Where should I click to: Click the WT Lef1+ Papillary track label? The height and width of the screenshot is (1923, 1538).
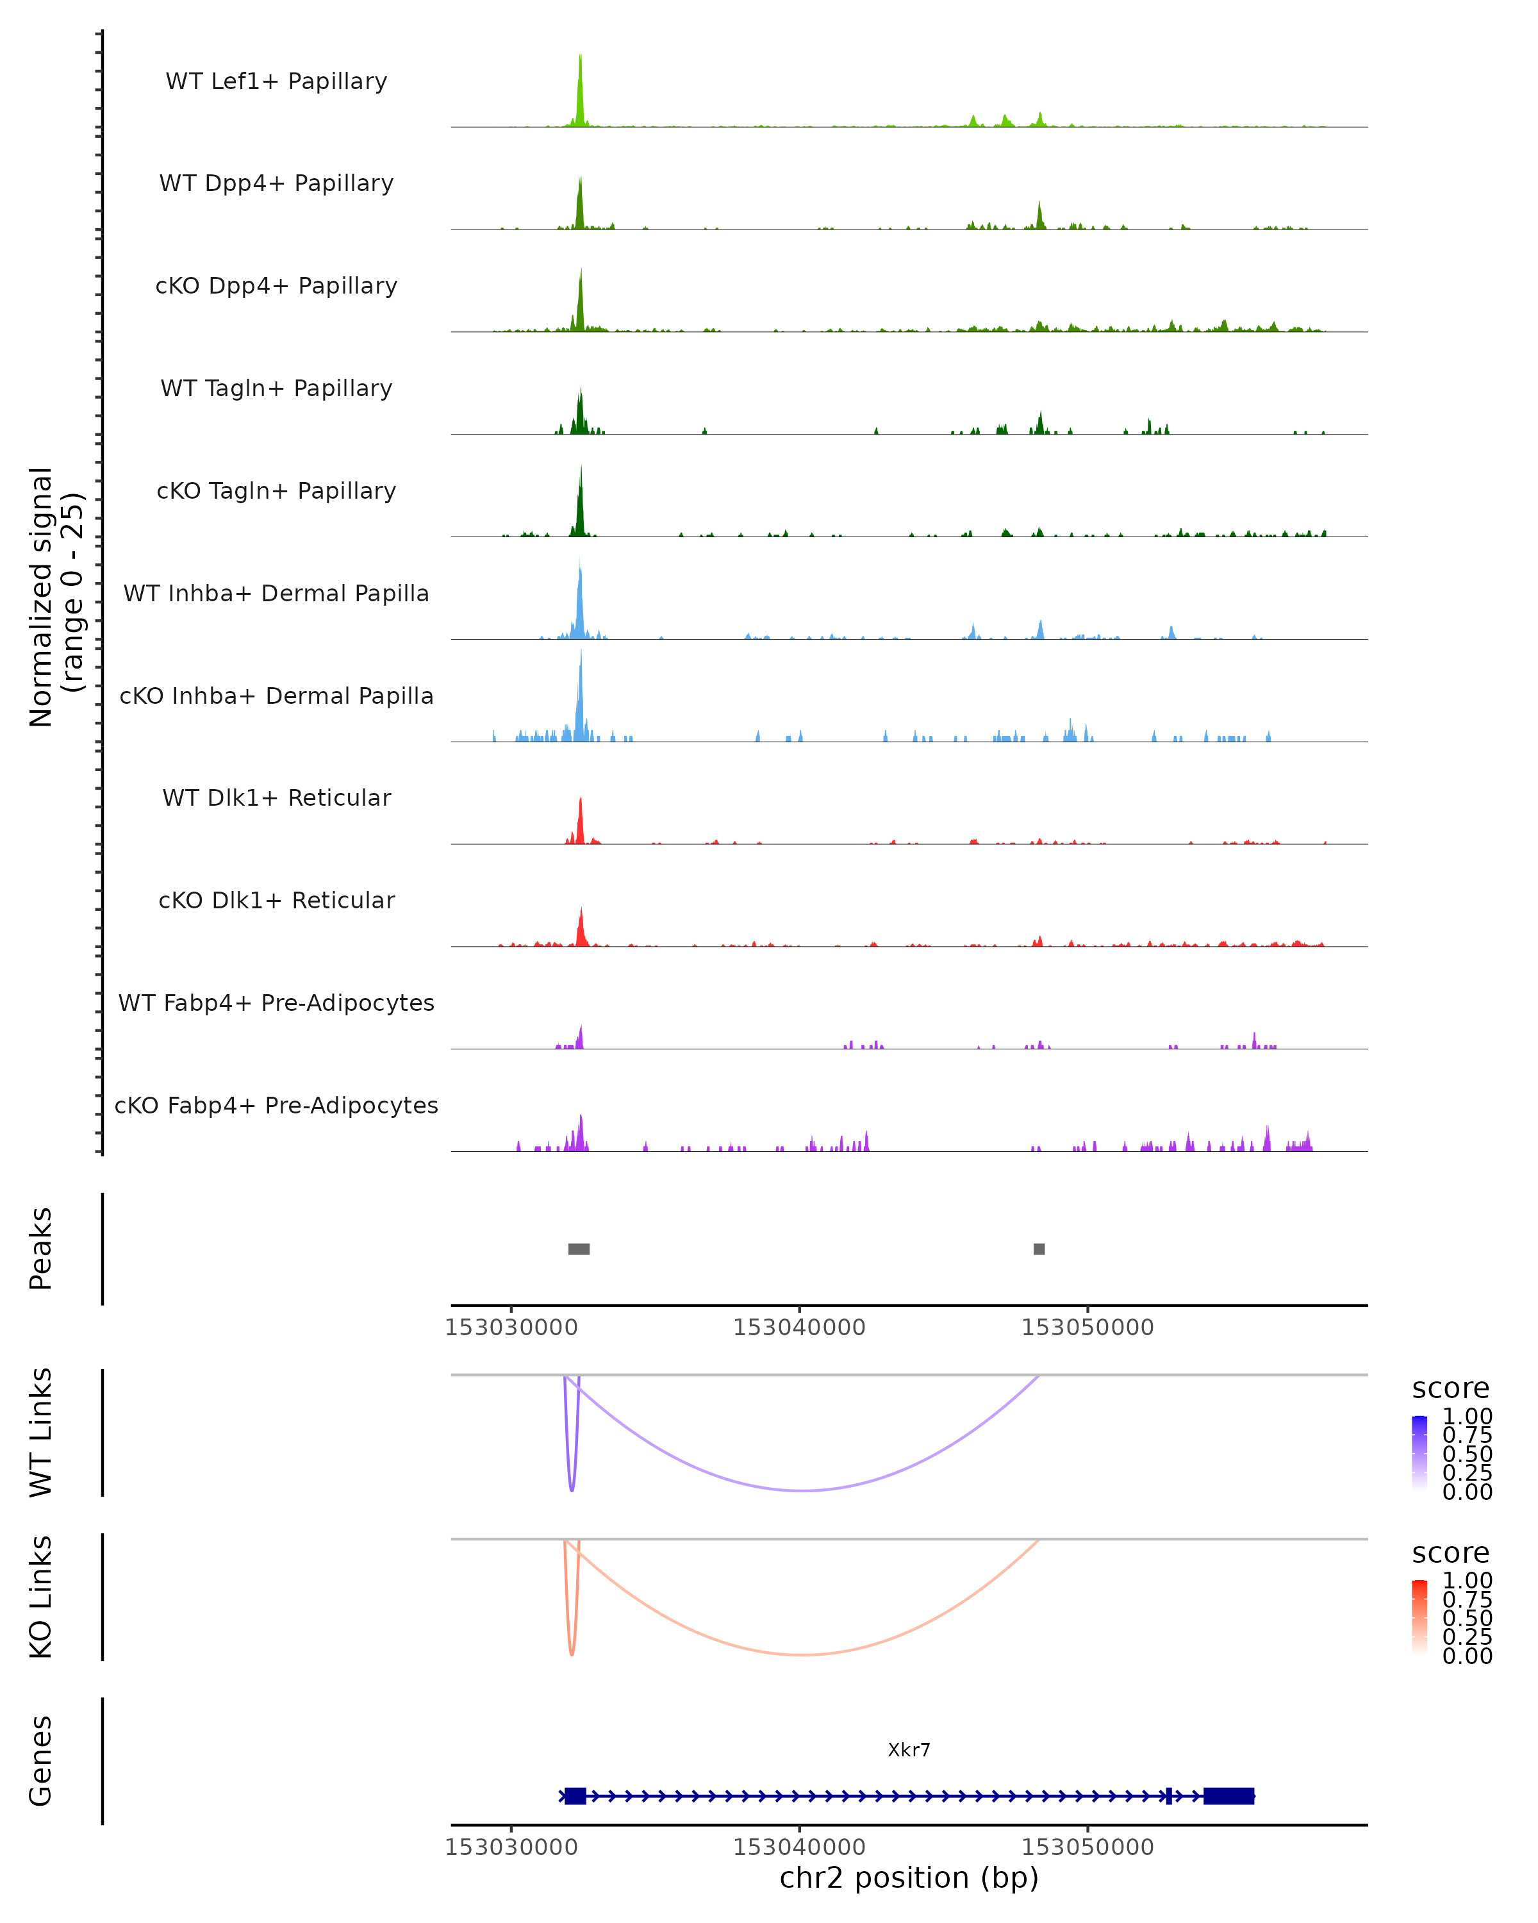coord(276,81)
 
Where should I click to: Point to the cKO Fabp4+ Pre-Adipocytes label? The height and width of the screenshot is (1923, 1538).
coord(276,1105)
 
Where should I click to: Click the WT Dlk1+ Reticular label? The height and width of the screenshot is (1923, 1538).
coord(276,798)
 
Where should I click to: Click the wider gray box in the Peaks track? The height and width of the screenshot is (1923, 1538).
coord(579,1249)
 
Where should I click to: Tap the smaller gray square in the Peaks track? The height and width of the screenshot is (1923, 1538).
coord(1039,1249)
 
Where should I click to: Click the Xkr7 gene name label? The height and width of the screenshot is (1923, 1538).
coord(909,1750)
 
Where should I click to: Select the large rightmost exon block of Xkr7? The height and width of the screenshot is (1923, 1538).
coord(1228,1795)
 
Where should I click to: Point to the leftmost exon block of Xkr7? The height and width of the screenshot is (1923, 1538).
coord(575,1795)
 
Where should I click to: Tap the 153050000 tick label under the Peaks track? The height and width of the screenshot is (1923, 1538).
coord(1087,1328)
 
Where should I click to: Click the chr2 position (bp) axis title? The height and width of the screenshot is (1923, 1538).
coord(909,1878)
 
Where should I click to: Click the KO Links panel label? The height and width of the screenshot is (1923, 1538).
coord(41,1597)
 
